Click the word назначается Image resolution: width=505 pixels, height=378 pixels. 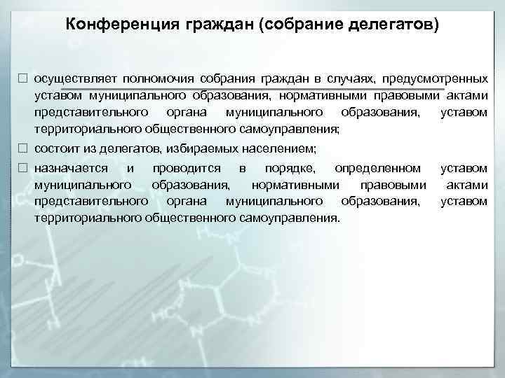point(71,168)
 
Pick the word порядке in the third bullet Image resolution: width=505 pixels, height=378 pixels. point(290,168)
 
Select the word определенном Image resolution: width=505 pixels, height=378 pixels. point(378,168)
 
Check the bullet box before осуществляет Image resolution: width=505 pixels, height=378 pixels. point(23,78)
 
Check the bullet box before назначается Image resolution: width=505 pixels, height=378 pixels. point(23,168)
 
